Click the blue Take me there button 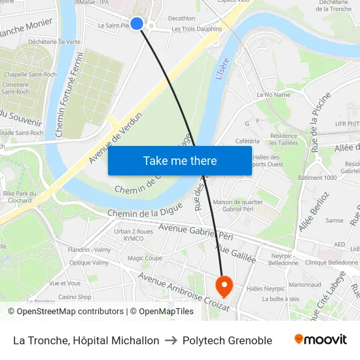(180, 161)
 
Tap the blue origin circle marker (137, 24)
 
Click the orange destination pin (223, 285)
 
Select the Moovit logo (321, 340)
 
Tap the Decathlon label (181, 18)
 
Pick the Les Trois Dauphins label (196, 29)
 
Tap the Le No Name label (274, 95)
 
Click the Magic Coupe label (145, 259)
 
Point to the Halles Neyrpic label (265, 289)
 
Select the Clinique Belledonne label (331, 262)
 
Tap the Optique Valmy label (89, 262)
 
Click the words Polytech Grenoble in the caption (227, 340)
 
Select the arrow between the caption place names (171, 340)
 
